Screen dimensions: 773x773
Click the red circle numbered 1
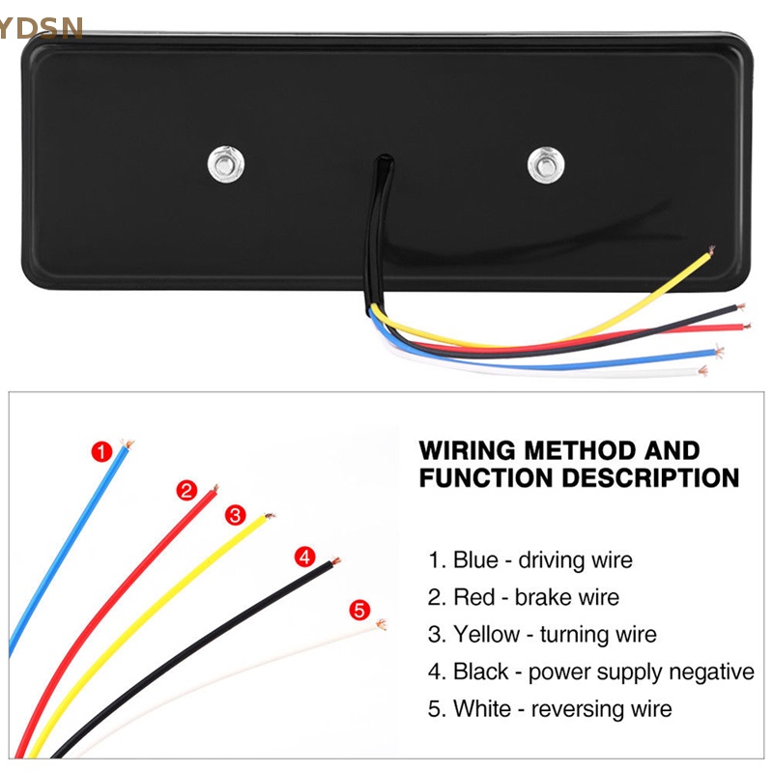click(100, 450)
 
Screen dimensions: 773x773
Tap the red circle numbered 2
click(186, 490)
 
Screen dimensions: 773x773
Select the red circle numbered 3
click(235, 515)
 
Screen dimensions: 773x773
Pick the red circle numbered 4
click(304, 557)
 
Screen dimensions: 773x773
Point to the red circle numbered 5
click(359, 610)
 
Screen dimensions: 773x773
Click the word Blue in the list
click(476, 560)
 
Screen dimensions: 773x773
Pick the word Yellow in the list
click(487, 635)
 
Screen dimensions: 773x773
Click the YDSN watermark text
click(43, 26)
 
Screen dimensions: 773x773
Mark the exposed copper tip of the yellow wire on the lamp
click(711, 252)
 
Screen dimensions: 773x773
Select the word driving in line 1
click(558, 560)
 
